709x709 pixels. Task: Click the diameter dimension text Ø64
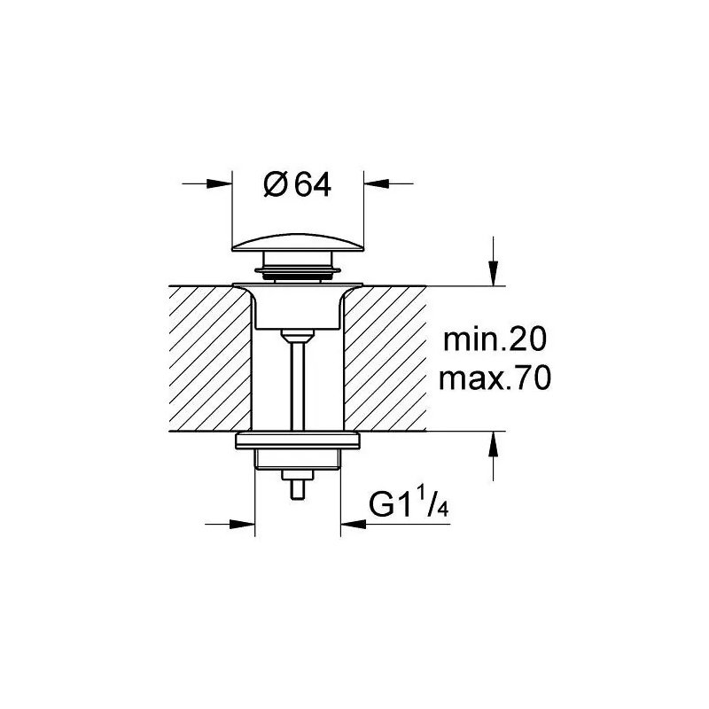[x=297, y=185]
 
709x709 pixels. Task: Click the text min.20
[x=495, y=339]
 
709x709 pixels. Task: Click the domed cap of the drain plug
[x=297, y=241]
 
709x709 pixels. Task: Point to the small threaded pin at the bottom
[x=297, y=488]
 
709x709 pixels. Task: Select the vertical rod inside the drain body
[x=297, y=381]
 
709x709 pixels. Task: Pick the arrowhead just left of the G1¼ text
[x=352, y=523]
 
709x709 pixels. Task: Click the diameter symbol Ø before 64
[x=275, y=185]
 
